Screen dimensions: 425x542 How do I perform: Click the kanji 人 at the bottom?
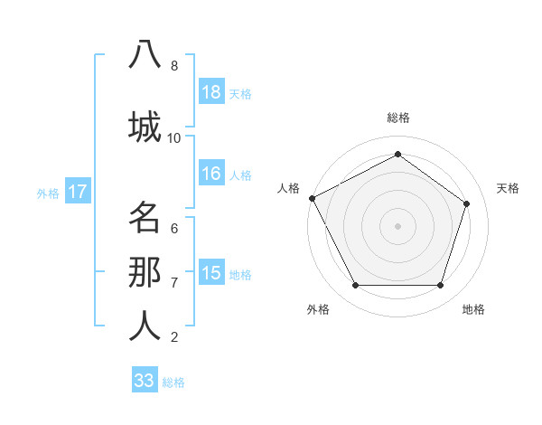[145, 326]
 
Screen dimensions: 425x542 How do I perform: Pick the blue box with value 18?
[211, 92]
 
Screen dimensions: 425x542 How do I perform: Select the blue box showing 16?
[211, 174]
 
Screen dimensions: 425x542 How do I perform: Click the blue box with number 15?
[211, 273]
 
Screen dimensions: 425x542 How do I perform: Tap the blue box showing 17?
[77, 192]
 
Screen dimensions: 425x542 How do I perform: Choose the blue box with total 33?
[145, 381]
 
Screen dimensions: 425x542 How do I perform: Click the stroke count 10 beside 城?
[174, 137]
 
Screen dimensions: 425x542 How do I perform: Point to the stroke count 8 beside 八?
[174, 66]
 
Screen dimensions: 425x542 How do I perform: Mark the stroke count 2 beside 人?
[174, 337]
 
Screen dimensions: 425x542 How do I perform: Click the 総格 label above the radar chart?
[398, 118]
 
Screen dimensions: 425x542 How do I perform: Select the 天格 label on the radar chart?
[508, 188]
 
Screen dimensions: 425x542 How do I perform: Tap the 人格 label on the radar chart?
[288, 188]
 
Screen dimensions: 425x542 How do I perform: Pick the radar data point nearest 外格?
[355, 286]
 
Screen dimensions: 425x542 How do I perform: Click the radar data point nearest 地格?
[441, 286]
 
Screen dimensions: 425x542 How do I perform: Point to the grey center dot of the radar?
[398, 225]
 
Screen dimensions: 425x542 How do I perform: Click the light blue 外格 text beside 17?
[48, 193]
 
